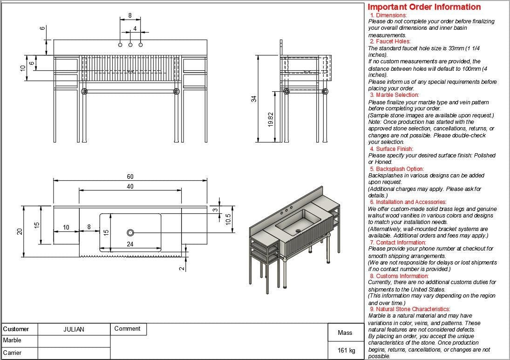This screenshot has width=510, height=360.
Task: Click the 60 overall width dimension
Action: pos(130,177)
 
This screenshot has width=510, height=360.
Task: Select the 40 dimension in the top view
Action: pos(130,186)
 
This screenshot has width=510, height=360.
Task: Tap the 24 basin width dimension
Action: pos(130,244)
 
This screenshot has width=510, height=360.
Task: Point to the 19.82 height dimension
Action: pos(270,119)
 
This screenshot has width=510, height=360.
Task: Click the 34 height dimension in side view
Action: pos(254,99)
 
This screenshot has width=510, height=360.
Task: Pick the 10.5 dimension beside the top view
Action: pos(228,219)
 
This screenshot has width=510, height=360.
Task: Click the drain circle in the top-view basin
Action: pos(130,232)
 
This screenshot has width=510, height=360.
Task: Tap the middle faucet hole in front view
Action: pos(130,45)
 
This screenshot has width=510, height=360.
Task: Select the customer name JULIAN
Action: pos(74,329)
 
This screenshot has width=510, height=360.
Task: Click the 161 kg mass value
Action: pos(346,350)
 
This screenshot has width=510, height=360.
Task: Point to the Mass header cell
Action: pos(345,333)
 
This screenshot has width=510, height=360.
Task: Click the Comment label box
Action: pos(127,329)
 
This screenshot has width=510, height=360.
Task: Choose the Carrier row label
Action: pos(13,353)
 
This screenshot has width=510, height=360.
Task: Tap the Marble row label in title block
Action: pos(13,340)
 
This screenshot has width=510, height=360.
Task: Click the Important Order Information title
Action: pos(424,7)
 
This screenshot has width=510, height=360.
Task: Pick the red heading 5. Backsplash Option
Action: pos(397,169)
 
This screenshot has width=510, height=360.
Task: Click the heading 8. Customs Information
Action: pos(399,276)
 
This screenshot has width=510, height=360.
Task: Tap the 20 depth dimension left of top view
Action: pos(20,231)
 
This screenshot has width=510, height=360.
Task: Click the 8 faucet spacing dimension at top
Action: pos(130,15)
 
